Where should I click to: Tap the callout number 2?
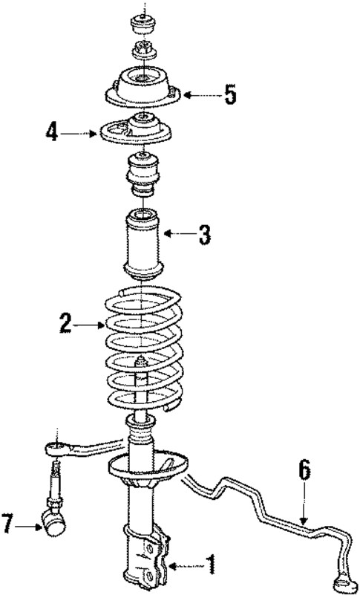tap(66, 323)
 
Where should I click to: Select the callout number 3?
tap(203, 235)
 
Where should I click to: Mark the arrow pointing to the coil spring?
tap(92, 324)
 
